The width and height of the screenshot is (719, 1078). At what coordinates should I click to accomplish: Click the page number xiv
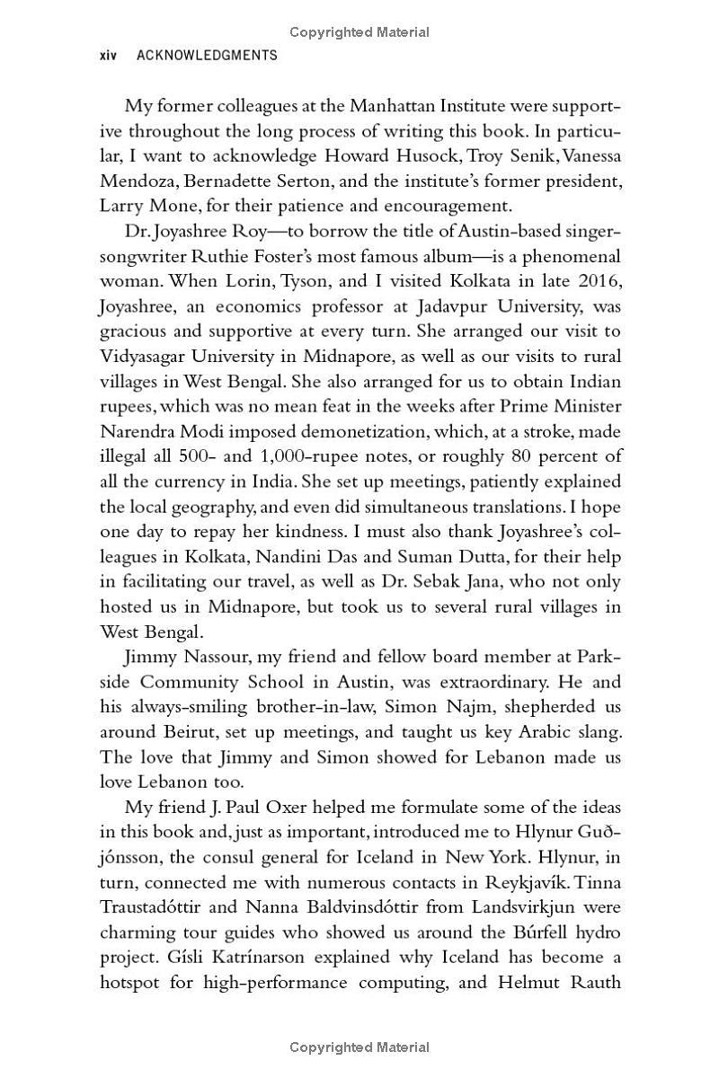109,56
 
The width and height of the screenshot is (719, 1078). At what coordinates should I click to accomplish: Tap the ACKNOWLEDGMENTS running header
207,56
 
